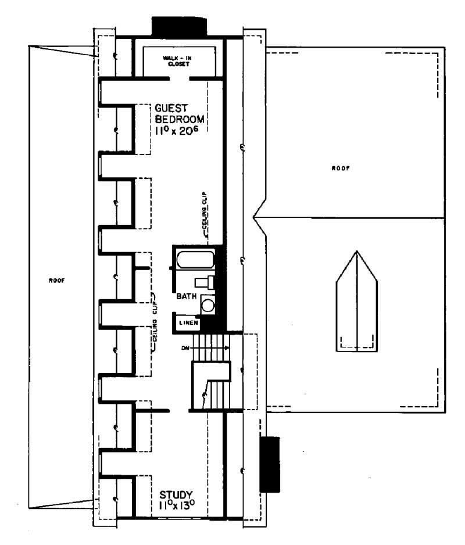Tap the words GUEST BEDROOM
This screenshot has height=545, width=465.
(180, 114)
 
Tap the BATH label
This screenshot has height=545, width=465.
(187, 296)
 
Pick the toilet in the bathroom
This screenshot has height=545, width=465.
(205, 283)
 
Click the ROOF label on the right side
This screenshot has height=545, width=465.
(340, 168)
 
